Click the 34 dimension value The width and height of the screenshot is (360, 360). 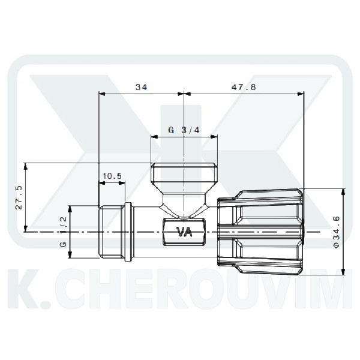(x=141, y=87)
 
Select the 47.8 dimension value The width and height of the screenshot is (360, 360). (x=244, y=87)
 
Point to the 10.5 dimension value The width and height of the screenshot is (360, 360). (x=112, y=176)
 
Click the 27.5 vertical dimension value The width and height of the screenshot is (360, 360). (x=18, y=197)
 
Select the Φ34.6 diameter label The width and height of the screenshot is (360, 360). (x=352, y=232)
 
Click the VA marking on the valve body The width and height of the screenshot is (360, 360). (x=182, y=232)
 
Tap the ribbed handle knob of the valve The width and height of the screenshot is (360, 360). (x=264, y=231)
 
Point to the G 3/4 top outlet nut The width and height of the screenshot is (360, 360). (x=182, y=175)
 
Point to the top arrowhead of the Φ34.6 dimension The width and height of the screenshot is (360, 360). (x=343, y=191)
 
